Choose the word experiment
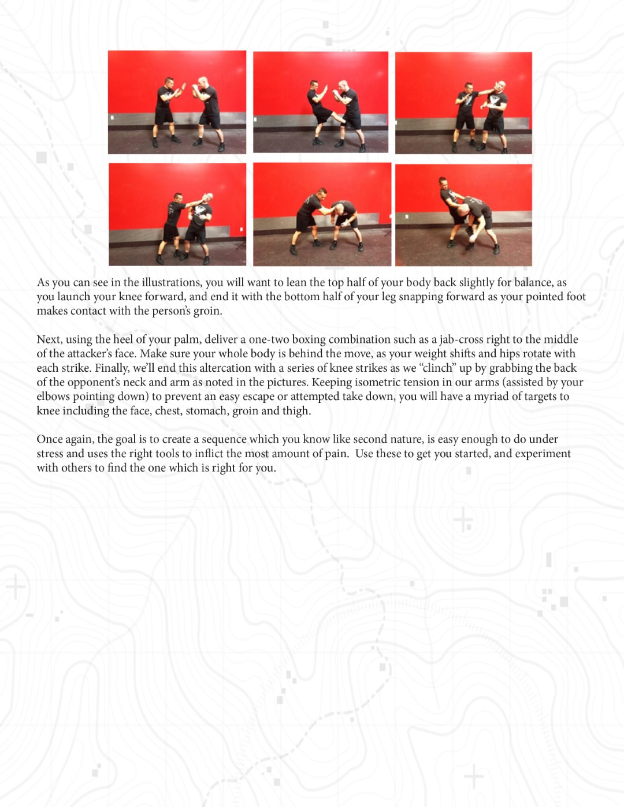[x=543, y=454]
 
